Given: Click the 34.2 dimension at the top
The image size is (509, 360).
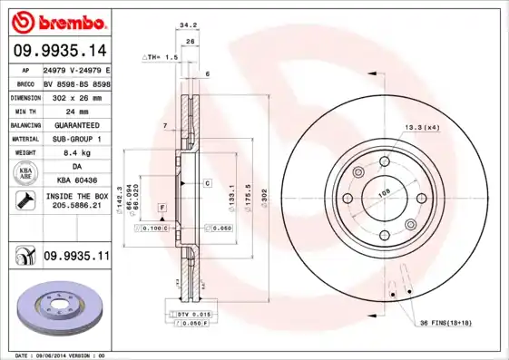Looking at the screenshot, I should [189, 26].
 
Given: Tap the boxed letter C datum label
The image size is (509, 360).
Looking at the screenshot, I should [207, 183].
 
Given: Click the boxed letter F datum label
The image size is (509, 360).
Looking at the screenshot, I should [162, 209].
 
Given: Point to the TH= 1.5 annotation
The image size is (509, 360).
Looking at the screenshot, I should [161, 56].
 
